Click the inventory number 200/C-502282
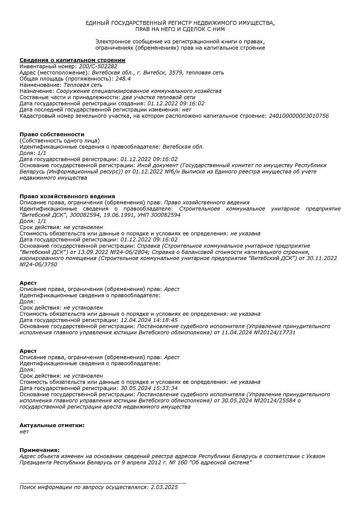tap(98, 66)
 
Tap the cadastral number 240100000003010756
tap(298, 116)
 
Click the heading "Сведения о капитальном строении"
tap(72, 60)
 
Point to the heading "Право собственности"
tap(52, 134)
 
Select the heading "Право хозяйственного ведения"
tap(67, 196)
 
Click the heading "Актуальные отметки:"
tap(52, 425)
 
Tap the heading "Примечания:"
tap(39, 450)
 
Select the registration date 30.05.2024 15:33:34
tap(149, 388)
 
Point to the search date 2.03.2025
tap(164, 487)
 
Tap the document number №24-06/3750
tap(38, 264)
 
